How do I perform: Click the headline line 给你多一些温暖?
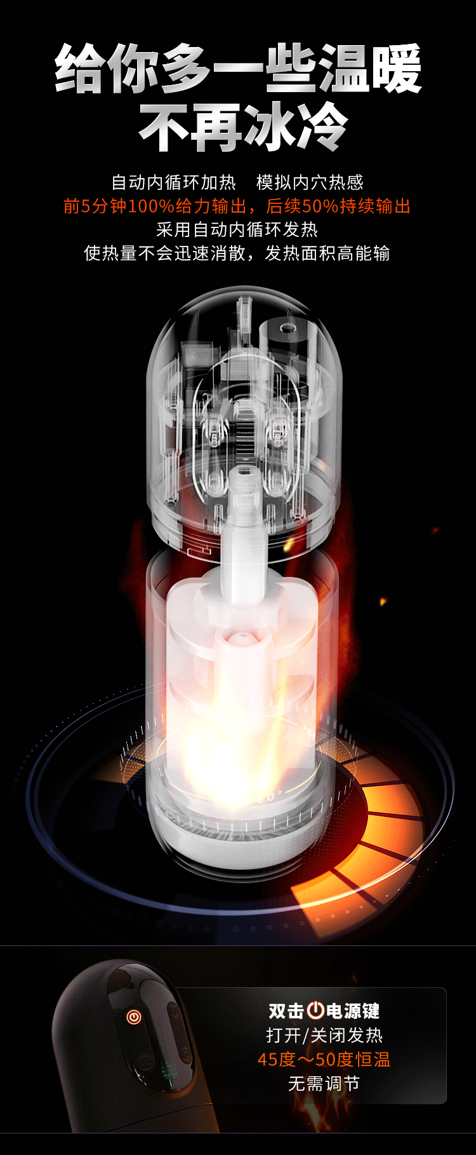(x=239, y=69)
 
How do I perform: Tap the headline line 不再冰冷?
(x=244, y=127)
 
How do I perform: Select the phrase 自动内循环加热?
(x=174, y=183)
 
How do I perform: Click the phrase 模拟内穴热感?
(x=310, y=183)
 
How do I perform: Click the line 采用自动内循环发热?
(x=237, y=229)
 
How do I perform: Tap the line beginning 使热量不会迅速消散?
(x=237, y=253)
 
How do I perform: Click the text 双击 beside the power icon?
(x=286, y=1011)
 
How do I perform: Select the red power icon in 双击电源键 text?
(x=315, y=1010)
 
